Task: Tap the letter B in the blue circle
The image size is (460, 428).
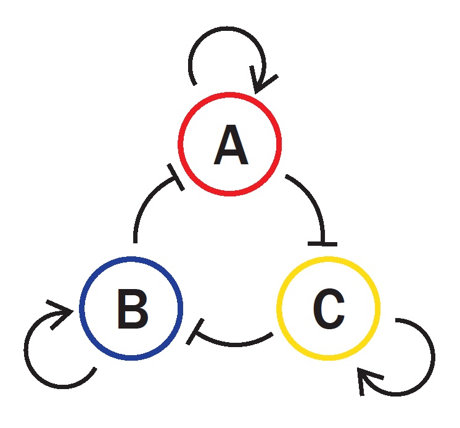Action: click(x=132, y=308)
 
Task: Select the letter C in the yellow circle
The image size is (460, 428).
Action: click(x=328, y=308)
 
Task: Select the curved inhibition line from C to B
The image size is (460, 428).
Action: click(x=234, y=342)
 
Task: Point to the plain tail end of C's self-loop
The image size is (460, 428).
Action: click(x=396, y=321)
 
